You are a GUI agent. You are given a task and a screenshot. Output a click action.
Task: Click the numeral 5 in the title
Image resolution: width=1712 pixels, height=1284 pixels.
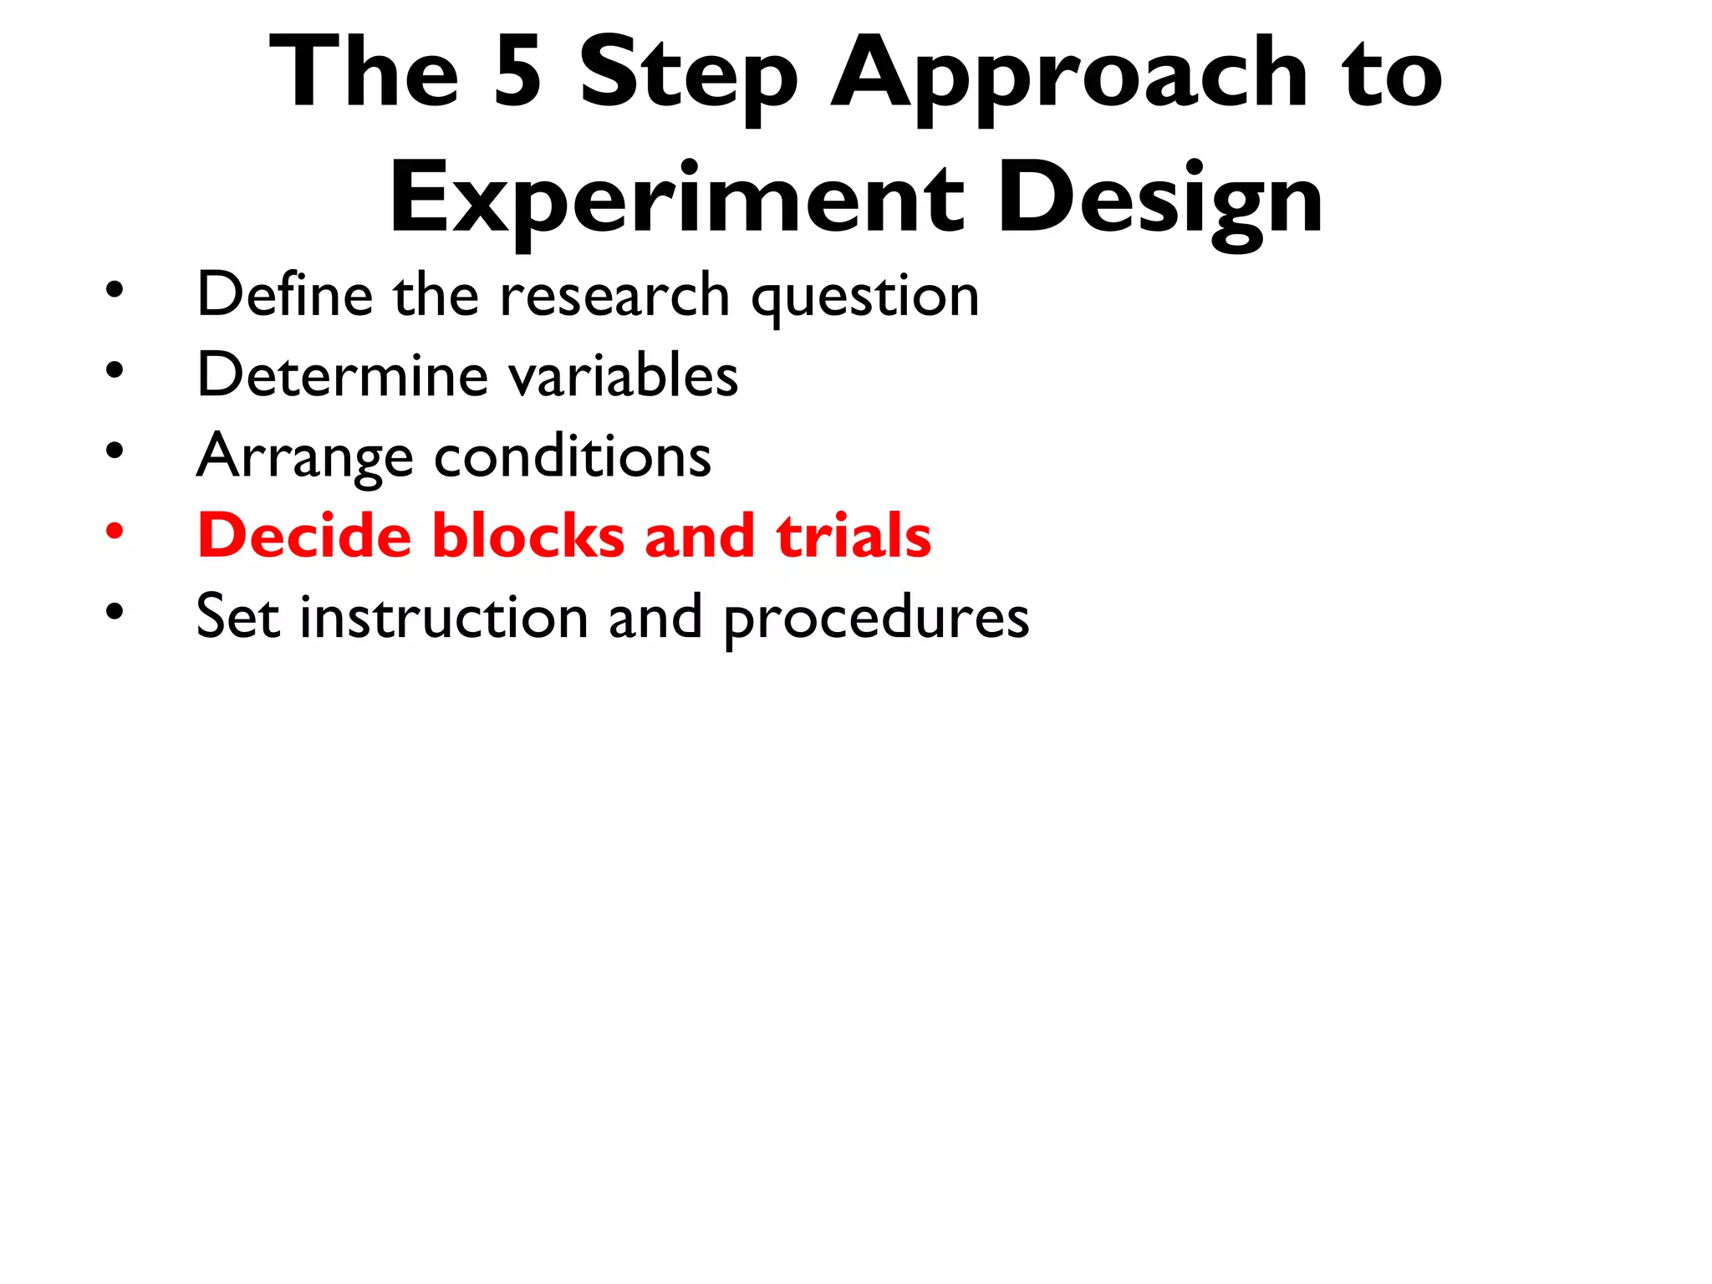pyautogui.click(x=517, y=74)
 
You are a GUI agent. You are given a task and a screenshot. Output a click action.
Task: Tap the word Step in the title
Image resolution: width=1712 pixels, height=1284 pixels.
pyautogui.click(x=688, y=77)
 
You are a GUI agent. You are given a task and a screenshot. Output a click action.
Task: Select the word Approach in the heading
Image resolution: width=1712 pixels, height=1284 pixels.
pyautogui.click(x=1068, y=77)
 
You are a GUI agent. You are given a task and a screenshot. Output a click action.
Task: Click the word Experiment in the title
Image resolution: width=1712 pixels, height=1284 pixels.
pyautogui.click(x=676, y=201)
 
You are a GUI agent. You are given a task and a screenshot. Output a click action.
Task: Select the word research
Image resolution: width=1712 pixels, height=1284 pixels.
pyautogui.click(x=614, y=296)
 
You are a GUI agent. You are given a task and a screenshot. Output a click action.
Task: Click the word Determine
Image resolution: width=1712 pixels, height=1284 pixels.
pyautogui.click(x=342, y=374)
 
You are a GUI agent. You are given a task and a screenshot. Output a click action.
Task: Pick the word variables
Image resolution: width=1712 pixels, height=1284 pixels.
pyautogui.click(x=624, y=376)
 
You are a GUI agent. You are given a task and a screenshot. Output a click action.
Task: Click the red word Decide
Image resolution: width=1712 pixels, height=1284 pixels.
pyautogui.click(x=304, y=535)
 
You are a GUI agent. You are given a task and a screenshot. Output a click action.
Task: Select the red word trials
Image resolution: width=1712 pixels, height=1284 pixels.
pyautogui.click(x=853, y=535)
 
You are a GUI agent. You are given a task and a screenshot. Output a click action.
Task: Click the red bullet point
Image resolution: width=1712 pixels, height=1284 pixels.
pyautogui.click(x=115, y=531)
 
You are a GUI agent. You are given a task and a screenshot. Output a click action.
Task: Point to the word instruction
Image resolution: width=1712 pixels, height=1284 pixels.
pyautogui.click(x=444, y=617)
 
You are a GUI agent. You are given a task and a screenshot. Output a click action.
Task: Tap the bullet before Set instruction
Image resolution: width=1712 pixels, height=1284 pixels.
pyautogui.click(x=115, y=612)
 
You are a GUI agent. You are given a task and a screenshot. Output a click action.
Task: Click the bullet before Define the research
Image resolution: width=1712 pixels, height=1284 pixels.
pyautogui.click(x=115, y=291)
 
